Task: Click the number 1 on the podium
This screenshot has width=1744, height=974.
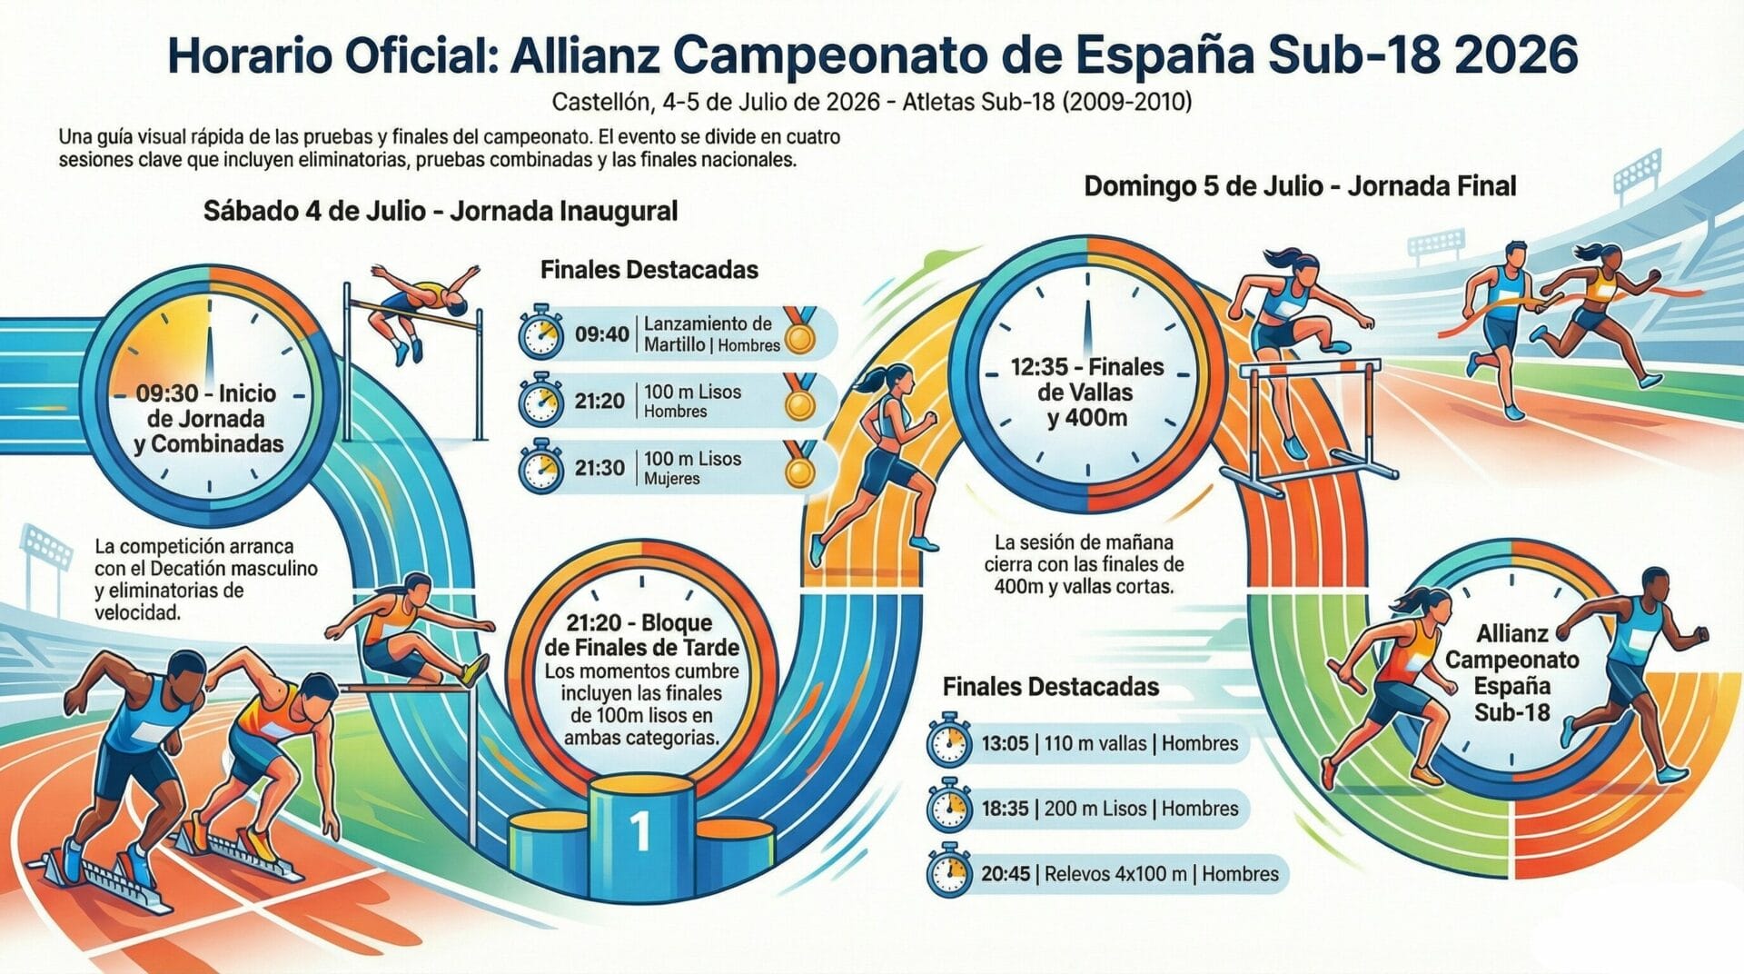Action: click(x=640, y=830)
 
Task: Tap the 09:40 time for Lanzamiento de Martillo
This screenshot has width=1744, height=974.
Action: click(x=601, y=334)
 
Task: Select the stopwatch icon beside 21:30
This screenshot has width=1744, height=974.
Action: click(x=541, y=467)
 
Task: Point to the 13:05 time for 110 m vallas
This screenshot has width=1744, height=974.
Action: click(x=1005, y=743)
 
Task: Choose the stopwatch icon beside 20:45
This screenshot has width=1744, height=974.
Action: click(x=949, y=871)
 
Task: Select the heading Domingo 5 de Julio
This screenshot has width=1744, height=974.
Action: click(x=1300, y=186)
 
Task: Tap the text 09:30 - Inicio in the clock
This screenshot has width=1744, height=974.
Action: click(x=206, y=393)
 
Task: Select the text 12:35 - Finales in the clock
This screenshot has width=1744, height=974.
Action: click(x=1086, y=367)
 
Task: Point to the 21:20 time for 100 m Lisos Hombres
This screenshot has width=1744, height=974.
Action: click(x=599, y=401)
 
